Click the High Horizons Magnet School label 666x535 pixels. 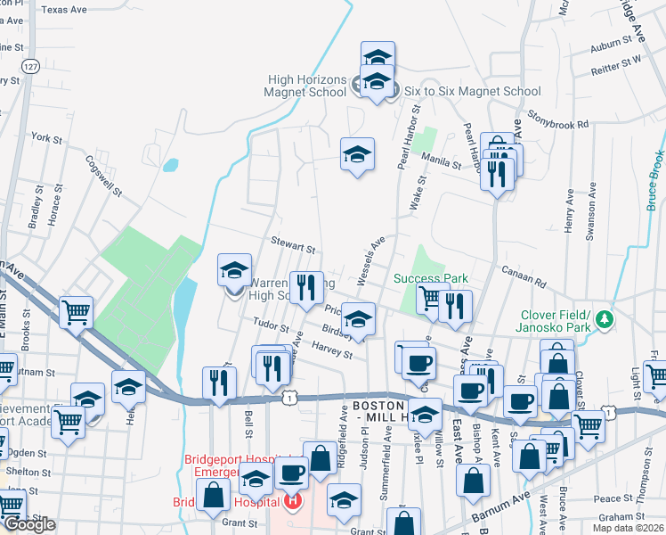(307, 86)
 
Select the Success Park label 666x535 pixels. (431, 278)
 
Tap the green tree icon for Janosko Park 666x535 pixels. (605, 318)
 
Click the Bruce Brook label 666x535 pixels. (655, 178)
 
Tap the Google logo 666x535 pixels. (28, 524)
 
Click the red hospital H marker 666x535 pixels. (291, 502)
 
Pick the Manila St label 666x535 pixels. (443, 165)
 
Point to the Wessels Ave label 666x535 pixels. (370, 260)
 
